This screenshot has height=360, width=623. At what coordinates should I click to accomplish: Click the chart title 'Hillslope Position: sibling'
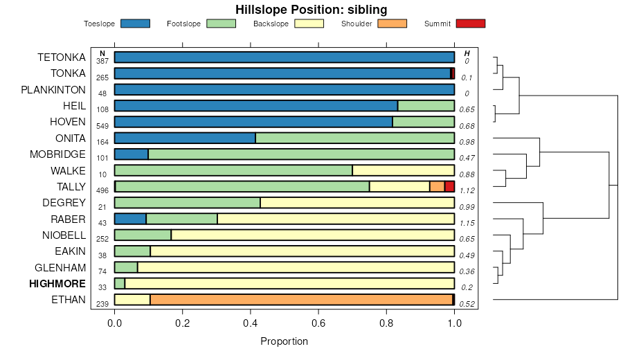(x=311, y=9)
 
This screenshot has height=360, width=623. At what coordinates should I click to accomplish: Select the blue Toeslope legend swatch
(x=135, y=24)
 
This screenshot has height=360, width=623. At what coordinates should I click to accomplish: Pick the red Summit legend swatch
(x=471, y=24)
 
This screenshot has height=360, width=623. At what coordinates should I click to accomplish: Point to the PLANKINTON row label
(x=53, y=90)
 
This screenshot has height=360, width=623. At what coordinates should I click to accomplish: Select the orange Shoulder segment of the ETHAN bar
(x=301, y=300)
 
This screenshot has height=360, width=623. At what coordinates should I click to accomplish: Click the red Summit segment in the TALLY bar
(x=449, y=186)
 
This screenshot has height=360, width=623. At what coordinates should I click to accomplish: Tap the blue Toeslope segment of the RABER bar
(x=130, y=219)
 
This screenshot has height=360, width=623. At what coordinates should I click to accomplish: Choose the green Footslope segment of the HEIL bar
(x=426, y=106)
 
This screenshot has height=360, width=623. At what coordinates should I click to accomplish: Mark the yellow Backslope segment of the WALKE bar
(x=403, y=170)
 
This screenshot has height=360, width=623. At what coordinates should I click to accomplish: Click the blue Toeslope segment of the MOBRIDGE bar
(x=131, y=154)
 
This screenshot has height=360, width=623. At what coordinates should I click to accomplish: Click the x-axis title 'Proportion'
(x=284, y=341)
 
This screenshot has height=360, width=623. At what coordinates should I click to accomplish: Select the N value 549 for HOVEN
(x=102, y=126)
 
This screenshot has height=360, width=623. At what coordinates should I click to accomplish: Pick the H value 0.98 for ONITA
(x=467, y=142)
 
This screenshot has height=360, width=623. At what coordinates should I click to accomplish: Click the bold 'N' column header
(x=102, y=53)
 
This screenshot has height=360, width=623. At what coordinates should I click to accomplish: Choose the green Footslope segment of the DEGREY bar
(x=187, y=203)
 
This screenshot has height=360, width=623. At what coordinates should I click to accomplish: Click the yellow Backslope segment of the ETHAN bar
(x=132, y=300)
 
